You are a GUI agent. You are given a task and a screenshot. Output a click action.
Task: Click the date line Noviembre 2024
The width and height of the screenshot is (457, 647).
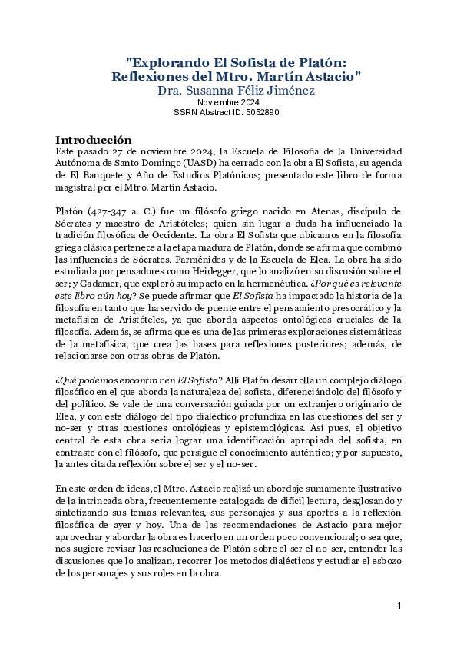228,102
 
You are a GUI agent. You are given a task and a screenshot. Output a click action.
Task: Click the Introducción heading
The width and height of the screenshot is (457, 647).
94,139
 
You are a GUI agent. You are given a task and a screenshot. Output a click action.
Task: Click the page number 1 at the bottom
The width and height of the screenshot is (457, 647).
400,606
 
